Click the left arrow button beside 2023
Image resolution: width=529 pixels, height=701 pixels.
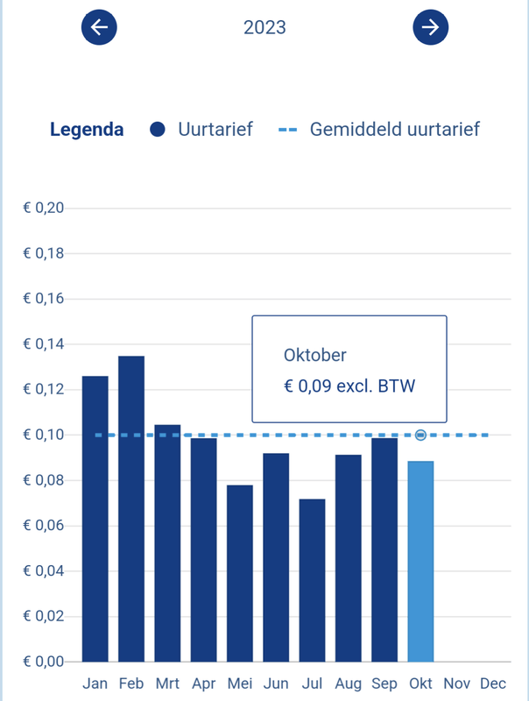99,27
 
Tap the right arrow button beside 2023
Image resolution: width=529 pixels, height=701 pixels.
430,27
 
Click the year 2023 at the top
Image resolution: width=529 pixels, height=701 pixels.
264,27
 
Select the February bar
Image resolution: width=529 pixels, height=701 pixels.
131,508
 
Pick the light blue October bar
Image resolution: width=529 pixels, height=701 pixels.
420,561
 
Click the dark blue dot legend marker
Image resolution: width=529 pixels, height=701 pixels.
158,130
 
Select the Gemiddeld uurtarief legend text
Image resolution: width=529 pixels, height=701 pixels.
394,130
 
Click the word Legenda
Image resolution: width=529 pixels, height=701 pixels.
87,130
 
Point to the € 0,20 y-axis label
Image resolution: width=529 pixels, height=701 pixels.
44,209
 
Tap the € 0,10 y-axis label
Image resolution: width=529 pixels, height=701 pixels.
44,435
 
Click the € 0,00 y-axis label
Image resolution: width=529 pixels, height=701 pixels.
44,662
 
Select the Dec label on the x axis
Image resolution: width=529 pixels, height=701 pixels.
493,683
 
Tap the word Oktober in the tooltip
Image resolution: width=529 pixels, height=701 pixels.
315,355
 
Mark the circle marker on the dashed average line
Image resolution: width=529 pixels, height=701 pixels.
420,435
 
